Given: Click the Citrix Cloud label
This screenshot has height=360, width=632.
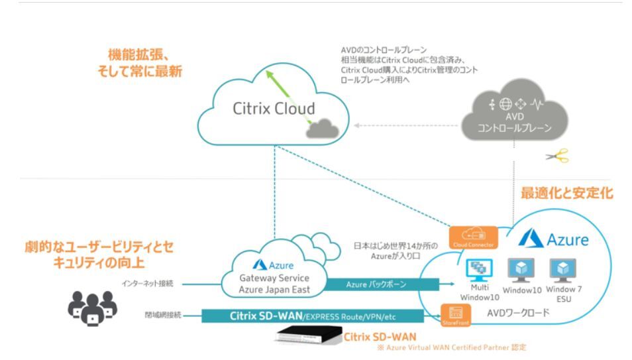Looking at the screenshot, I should [x=274, y=109].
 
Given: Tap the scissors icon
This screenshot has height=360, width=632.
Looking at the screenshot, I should [x=556, y=156].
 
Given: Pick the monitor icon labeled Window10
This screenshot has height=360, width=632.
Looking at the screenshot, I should [x=521, y=269].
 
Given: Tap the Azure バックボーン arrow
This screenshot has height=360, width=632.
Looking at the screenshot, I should [x=381, y=284].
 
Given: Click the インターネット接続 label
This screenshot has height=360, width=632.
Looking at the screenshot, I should [x=150, y=284].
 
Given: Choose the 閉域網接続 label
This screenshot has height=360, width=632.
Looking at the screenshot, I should [x=163, y=315].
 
